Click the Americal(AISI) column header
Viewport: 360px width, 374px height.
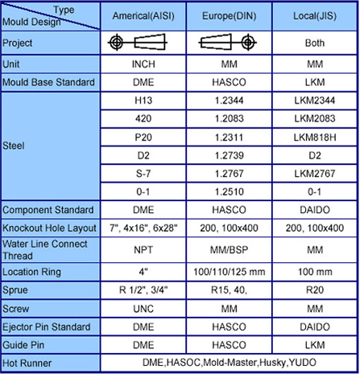[143, 16]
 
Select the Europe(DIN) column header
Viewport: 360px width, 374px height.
[229, 16]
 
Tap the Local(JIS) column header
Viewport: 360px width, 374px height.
[315, 16]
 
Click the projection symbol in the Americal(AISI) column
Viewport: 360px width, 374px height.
[137, 42]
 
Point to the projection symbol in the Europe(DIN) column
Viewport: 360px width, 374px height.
[228, 42]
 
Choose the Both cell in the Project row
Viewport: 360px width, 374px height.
[315, 43]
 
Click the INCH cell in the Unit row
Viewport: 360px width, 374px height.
[143, 64]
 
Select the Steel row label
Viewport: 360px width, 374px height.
[14, 146]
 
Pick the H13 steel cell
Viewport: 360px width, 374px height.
[143, 101]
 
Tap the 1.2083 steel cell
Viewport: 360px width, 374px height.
[229, 118]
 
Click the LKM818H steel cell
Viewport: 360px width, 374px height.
[315, 138]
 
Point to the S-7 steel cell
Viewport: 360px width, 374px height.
[143, 174]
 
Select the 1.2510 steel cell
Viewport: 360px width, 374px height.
[229, 191]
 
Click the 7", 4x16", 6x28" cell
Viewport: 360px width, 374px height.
[143, 228]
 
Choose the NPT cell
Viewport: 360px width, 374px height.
[143, 250]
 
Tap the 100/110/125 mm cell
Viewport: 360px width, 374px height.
[229, 272]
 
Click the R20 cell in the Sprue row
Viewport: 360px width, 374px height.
[315, 290]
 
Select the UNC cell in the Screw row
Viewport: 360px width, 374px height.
[143, 309]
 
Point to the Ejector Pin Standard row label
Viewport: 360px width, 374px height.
[46, 327]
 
